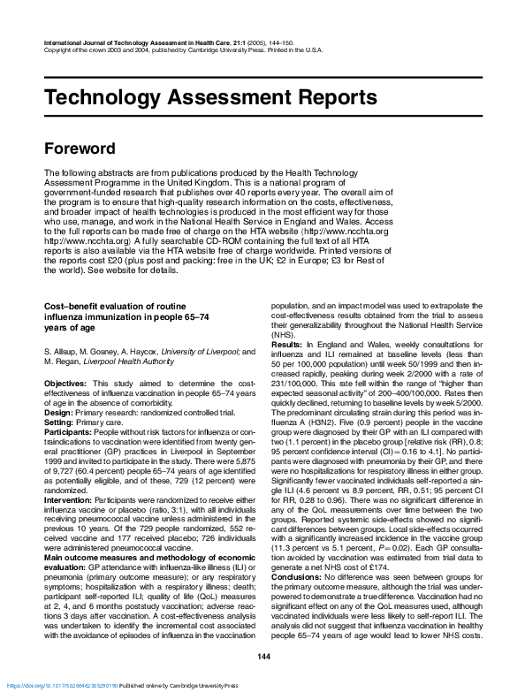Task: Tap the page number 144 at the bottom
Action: (x=262, y=654)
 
